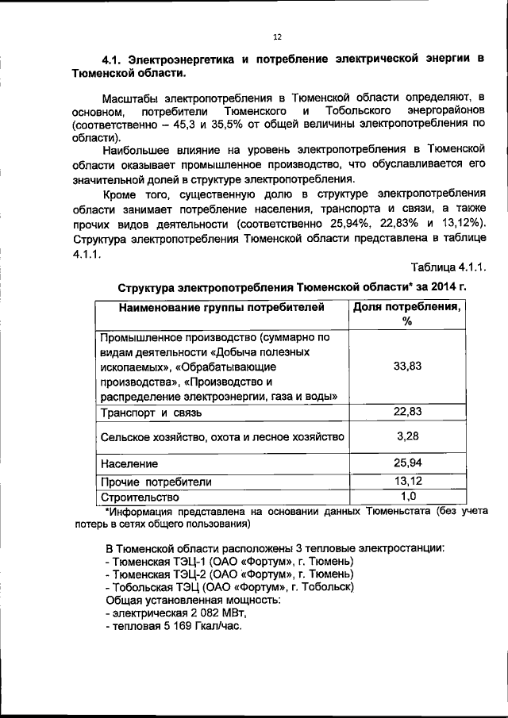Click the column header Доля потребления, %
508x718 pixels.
(x=408, y=313)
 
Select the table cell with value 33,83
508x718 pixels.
(x=407, y=366)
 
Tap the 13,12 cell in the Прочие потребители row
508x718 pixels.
(x=407, y=481)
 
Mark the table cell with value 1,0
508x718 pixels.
(x=407, y=497)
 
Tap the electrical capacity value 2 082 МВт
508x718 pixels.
(x=217, y=612)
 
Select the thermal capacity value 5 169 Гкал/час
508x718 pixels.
(x=199, y=625)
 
